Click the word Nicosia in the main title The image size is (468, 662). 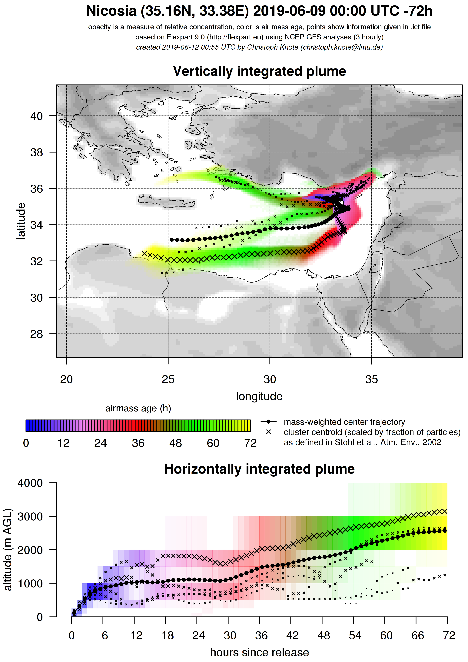point(111,12)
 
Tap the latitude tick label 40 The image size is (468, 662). point(36,116)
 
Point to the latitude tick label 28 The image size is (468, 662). point(36,334)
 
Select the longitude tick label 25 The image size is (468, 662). point(168,379)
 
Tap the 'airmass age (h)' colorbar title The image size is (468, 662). point(138,408)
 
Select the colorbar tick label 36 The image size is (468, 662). point(138,443)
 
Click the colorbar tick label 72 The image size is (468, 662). point(250,443)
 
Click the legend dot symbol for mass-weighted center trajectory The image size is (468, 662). point(268,422)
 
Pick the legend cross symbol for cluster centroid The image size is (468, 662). point(268,432)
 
